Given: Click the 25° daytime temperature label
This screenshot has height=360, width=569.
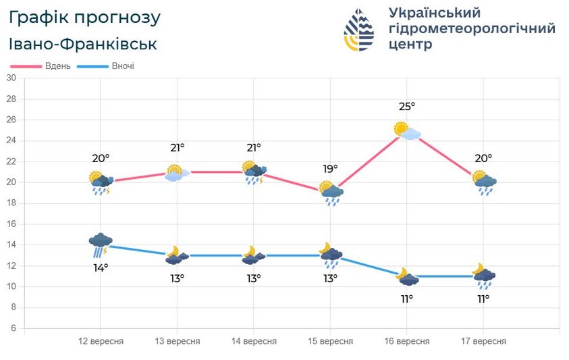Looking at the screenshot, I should pyautogui.click(x=407, y=107).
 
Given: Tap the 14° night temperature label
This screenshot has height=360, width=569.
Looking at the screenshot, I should pyautogui.click(x=101, y=267).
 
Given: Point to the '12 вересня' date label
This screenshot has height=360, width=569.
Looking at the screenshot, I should pyautogui.click(x=101, y=341).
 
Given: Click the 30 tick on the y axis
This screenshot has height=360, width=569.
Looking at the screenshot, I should pyautogui.click(x=11, y=78).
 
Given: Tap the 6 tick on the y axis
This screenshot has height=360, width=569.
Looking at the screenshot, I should pyautogui.click(x=13, y=328).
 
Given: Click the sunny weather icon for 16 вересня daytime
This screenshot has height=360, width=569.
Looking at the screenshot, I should pyautogui.click(x=407, y=130).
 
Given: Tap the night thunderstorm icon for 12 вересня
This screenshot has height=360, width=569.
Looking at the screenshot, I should pyautogui.click(x=101, y=245).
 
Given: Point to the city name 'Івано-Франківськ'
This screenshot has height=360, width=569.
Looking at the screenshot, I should pyautogui.click(x=83, y=44).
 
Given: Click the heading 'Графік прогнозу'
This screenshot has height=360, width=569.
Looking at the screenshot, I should pyautogui.click(x=85, y=17).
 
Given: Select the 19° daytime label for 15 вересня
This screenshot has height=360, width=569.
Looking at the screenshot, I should pyautogui.click(x=330, y=170).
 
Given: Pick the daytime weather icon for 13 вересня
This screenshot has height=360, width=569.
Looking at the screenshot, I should pyautogui.click(x=175, y=173).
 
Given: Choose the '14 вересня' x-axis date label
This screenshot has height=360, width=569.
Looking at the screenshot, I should pyautogui.click(x=254, y=341).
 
